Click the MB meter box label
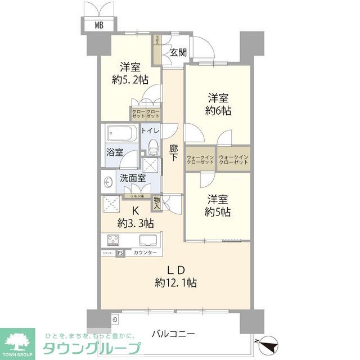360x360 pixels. [99, 25]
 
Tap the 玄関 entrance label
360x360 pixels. [179, 52]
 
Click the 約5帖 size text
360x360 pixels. [217, 213]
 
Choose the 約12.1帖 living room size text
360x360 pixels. [177, 282]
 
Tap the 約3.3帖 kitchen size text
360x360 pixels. [136, 223]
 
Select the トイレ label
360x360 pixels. [151, 130]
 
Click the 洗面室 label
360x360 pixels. [133, 178]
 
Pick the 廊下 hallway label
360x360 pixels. [174, 154]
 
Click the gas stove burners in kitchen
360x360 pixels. [111, 240]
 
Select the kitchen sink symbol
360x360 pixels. [148, 240]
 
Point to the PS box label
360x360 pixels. [120, 253]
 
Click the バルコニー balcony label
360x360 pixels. [173, 334]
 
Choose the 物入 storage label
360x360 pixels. [156, 202]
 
